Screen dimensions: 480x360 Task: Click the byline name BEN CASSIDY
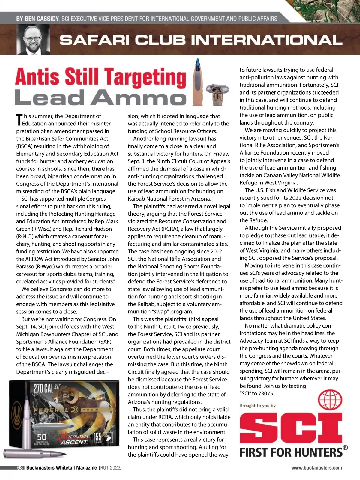(37, 19)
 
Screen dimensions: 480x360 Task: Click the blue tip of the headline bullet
(197, 63)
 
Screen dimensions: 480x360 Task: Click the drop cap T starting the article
(19, 119)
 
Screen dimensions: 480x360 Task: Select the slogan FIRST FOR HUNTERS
(291, 452)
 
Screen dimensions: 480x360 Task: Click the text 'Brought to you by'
(257, 405)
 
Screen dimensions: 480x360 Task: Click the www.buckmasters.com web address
(316, 467)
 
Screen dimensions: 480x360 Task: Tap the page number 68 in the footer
(20, 468)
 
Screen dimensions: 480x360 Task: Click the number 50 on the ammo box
(42, 437)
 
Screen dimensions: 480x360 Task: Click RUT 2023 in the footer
(110, 468)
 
